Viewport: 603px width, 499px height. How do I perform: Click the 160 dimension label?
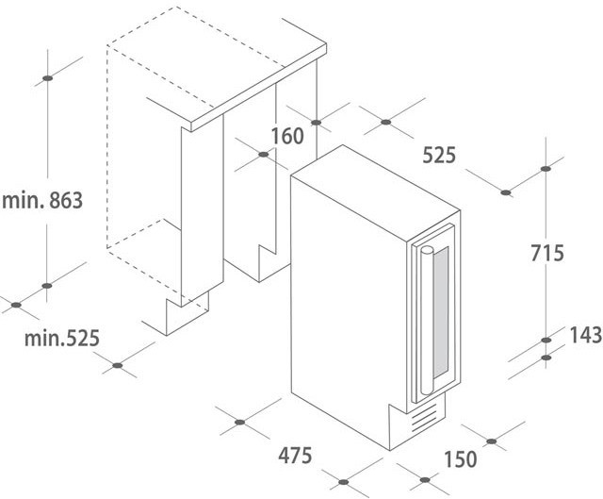(287, 136)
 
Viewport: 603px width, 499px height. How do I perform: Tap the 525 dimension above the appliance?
(439, 155)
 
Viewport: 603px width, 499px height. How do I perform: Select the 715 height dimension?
(547, 253)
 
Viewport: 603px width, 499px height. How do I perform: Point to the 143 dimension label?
(586, 335)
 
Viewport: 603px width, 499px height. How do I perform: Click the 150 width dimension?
(461, 459)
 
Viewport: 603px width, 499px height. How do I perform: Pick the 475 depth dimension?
(295, 456)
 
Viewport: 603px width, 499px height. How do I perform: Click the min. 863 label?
(42, 201)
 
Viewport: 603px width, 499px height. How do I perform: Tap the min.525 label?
(62, 338)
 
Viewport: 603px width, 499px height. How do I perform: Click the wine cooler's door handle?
(427, 321)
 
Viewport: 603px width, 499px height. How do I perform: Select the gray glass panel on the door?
(441, 312)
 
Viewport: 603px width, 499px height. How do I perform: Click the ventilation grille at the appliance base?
(425, 418)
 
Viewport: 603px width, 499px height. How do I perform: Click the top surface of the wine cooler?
(375, 192)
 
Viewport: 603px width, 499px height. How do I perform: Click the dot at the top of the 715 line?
(546, 169)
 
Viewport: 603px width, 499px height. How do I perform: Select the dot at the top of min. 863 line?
(48, 78)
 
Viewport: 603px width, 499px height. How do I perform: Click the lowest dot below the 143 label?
(546, 358)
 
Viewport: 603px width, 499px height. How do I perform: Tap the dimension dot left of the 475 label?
(240, 423)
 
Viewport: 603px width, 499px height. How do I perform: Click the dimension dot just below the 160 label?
(264, 155)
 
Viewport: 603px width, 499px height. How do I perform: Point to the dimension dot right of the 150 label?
(492, 441)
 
